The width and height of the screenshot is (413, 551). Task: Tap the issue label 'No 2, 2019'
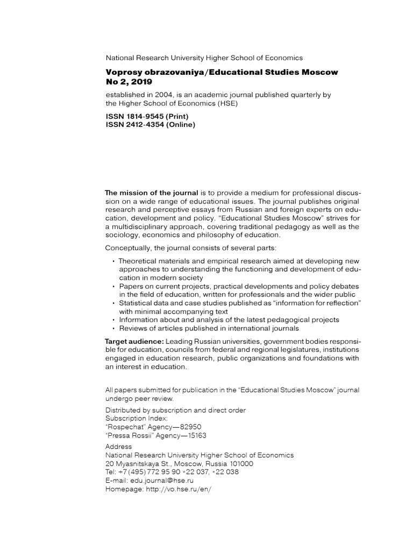(129, 82)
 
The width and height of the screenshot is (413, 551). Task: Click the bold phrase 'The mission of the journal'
(151, 192)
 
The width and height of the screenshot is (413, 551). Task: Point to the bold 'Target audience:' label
(134, 342)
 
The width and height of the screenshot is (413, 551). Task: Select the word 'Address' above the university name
(118, 447)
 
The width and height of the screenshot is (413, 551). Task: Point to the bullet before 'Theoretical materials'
(113, 262)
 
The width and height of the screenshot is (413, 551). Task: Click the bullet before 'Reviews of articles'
(113, 329)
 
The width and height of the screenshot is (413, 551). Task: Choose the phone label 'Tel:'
(111, 472)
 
